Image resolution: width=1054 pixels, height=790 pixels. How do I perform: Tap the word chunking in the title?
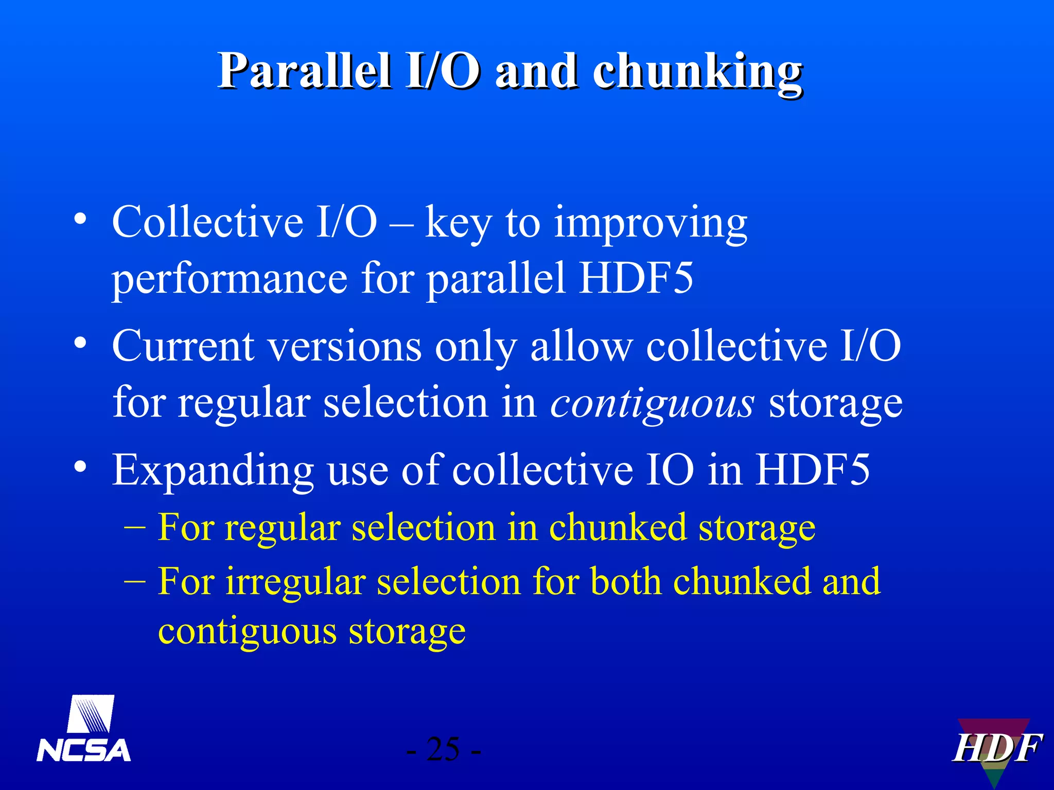click(697, 72)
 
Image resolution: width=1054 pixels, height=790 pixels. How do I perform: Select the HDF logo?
click(996, 748)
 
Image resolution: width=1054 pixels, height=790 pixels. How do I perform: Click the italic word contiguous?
click(652, 403)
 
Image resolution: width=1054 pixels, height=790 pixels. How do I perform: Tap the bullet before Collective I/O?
click(80, 219)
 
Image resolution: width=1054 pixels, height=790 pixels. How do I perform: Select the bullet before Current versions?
click(80, 343)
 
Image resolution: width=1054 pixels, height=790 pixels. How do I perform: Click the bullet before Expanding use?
click(80, 466)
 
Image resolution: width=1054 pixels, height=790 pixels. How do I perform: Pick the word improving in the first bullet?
click(651, 224)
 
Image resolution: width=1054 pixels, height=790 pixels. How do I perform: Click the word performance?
click(230, 279)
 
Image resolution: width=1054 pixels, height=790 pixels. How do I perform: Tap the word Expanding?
click(213, 471)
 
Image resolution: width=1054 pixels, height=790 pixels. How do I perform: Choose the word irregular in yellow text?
click(295, 582)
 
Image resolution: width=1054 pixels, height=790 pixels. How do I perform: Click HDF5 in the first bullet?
click(636, 279)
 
